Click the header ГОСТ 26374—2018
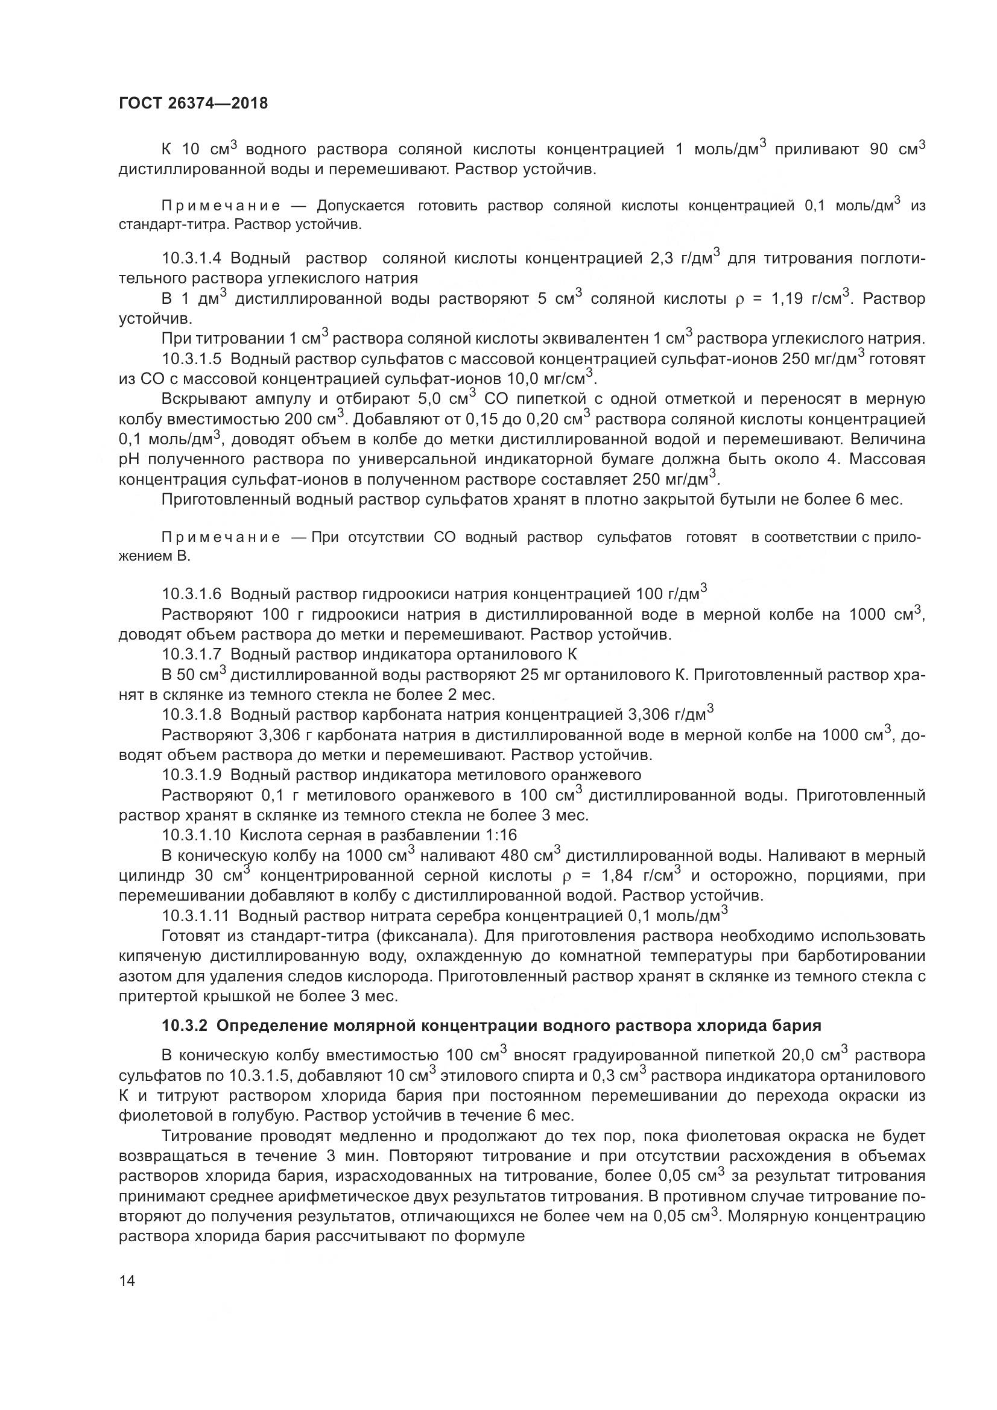[193, 103]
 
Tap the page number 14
[127, 1280]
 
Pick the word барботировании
[867, 956]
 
